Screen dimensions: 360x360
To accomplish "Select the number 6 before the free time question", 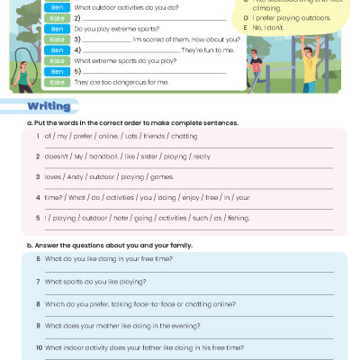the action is pos(38,258).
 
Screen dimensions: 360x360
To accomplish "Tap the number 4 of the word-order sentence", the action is pos(38,196).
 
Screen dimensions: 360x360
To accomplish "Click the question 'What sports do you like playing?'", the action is pos(95,281).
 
